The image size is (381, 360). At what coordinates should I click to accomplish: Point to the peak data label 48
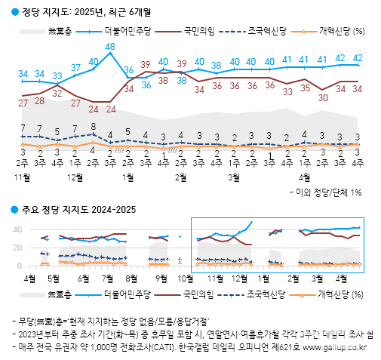click(110, 47)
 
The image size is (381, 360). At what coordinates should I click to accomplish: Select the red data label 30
click(322, 97)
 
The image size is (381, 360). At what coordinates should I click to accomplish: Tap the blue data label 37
click(75, 68)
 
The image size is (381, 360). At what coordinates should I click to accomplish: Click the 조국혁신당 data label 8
click(93, 127)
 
